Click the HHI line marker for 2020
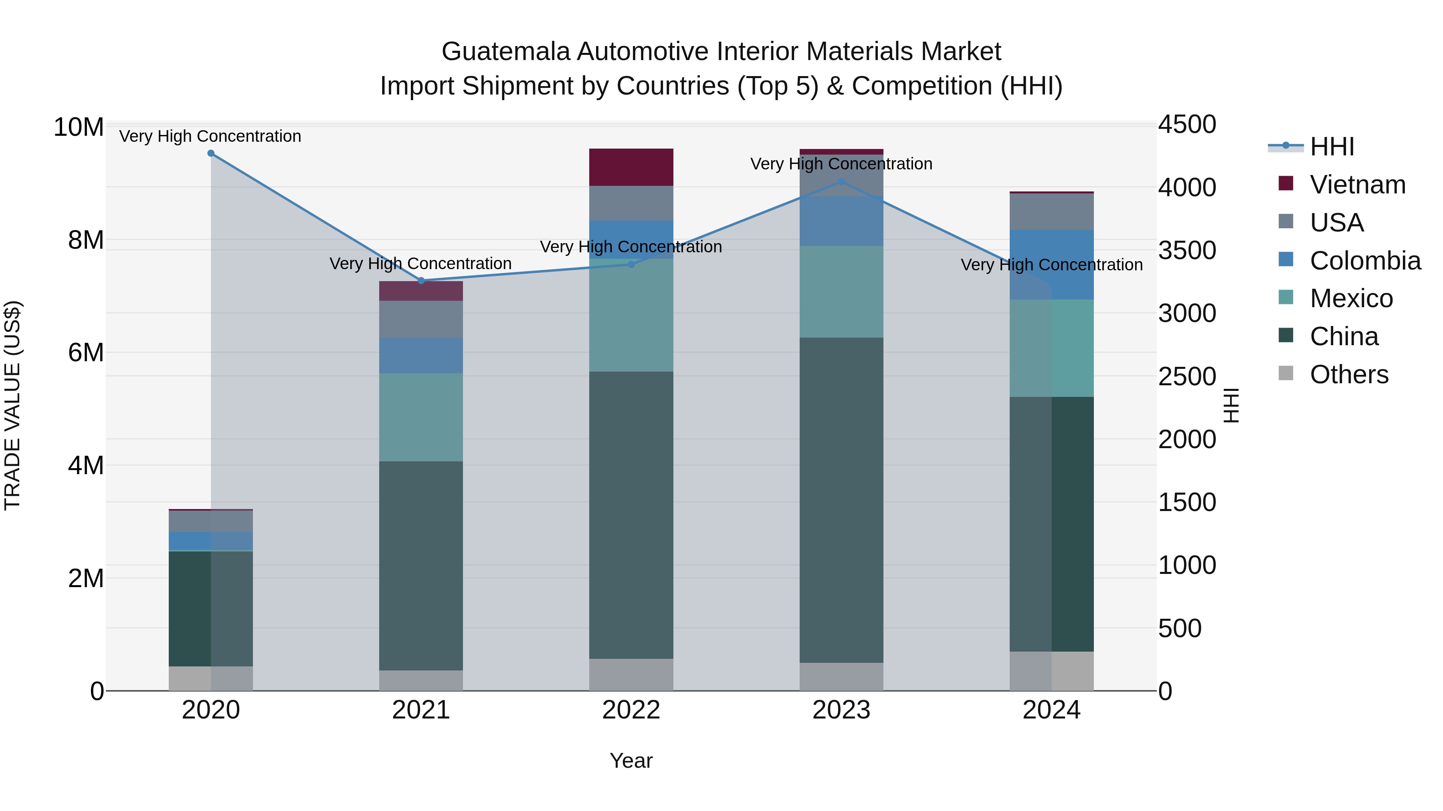click(210, 153)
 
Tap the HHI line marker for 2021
click(421, 280)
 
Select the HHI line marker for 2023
click(841, 182)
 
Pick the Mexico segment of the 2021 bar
click(421, 417)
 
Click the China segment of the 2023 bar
click(841, 500)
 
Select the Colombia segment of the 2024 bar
click(1051, 265)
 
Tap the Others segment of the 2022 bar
click(631, 674)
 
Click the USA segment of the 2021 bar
click(421, 319)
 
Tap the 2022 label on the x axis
click(631, 710)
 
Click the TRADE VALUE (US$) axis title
click(12, 405)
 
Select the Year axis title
click(631, 761)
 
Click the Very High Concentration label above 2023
click(841, 164)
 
